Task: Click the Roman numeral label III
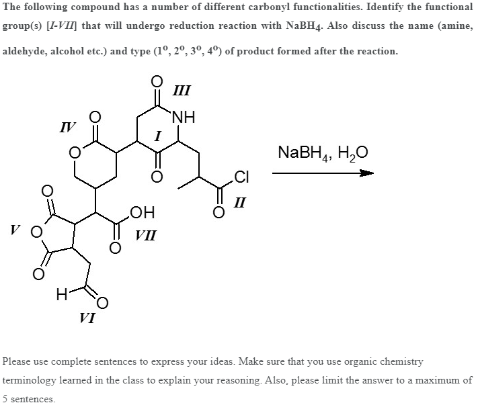point(181,89)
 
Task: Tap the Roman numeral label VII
point(146,235)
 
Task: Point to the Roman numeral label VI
point(86,318)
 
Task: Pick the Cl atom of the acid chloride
point(243,177)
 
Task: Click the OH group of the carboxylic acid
point(143,214)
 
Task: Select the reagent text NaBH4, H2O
point(322,153)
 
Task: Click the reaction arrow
point(322,174)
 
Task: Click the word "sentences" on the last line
point(33,399)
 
